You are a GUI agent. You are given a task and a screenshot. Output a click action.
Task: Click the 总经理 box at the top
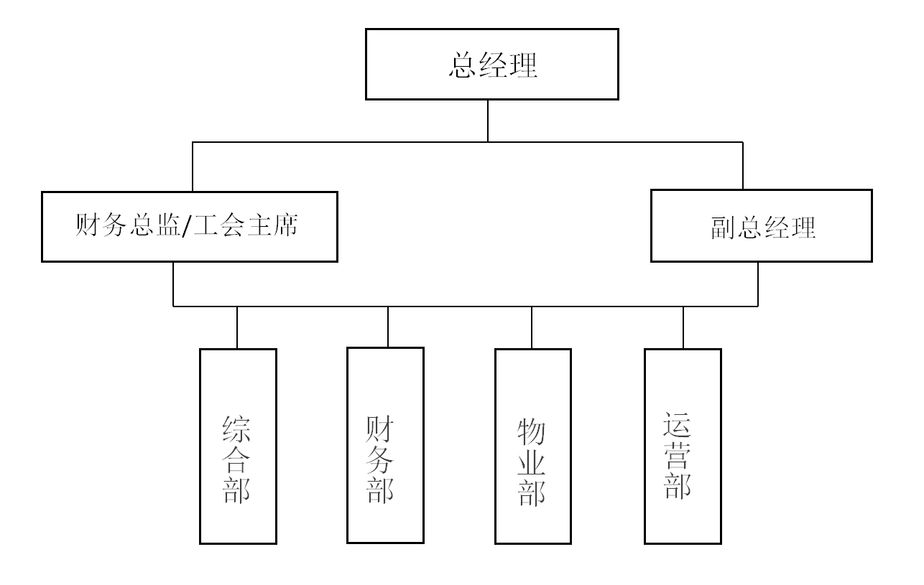(491, 64)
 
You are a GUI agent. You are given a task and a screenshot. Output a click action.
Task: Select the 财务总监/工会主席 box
(190, 227)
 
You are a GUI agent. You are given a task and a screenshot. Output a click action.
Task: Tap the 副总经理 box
(761, 225)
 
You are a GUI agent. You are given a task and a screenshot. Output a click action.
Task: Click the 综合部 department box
(238, 446)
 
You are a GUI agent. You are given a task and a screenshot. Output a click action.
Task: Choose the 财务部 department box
(385, 445)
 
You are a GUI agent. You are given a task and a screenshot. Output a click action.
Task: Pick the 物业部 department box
(533, 446)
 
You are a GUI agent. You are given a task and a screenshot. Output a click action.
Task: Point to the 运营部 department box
(683, 446)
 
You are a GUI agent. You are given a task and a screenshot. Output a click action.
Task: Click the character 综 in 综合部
(237, 429)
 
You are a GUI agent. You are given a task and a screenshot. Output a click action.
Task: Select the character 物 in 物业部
(532, 432)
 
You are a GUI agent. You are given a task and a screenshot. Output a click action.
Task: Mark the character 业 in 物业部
(532, 463)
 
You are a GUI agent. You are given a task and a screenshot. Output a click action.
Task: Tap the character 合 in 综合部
(237, 459)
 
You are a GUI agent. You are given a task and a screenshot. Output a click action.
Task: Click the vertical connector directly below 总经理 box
(488, 121)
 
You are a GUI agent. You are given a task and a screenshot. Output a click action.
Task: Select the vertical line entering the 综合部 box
(237, 327)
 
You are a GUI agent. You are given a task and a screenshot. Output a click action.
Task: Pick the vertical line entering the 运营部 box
(683, 327)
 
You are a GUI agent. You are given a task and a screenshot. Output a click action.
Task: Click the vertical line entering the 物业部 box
(532, 327)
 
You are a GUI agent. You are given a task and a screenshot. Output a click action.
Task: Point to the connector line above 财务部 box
(388, 327)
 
